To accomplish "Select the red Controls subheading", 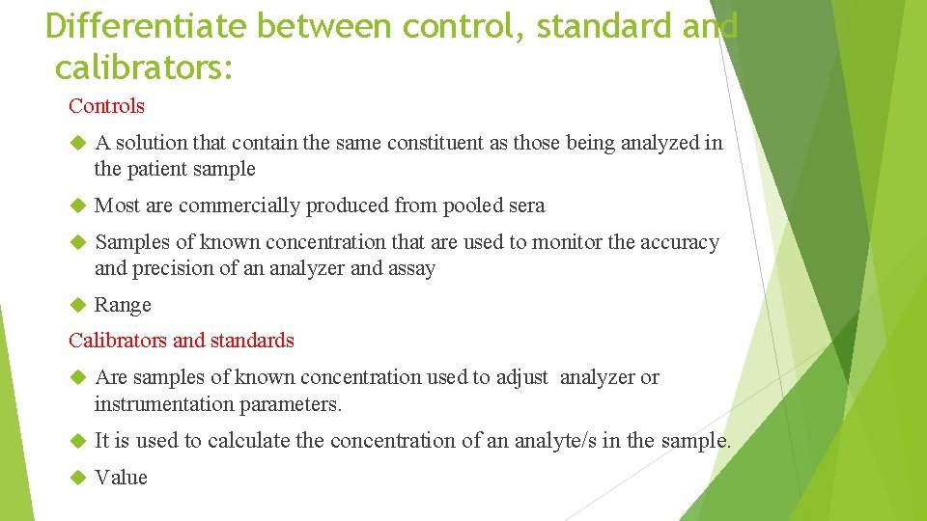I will coord(106,106).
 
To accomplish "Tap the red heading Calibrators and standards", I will coord(182,341).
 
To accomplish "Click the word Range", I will coord(123,305).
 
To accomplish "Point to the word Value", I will coord(121,478).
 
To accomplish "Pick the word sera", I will coord(523,206).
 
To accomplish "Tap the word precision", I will coord(171,269).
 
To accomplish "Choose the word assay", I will coord(411,269).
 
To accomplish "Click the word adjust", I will coord(521,377).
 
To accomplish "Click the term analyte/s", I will coord(552,441).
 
